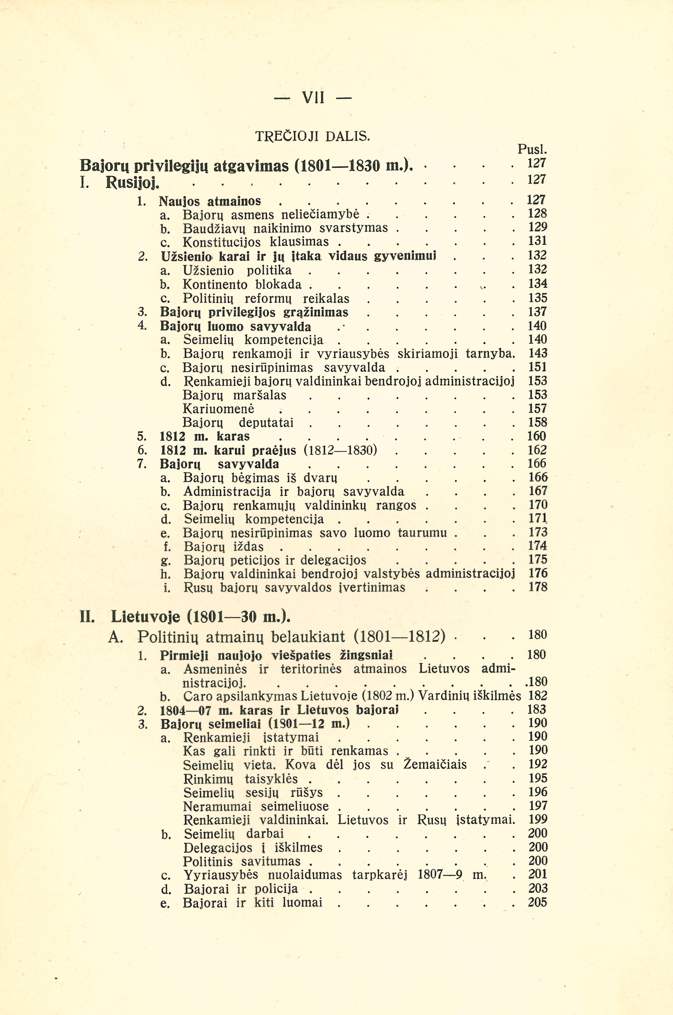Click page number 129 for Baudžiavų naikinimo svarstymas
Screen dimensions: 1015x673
537,227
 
